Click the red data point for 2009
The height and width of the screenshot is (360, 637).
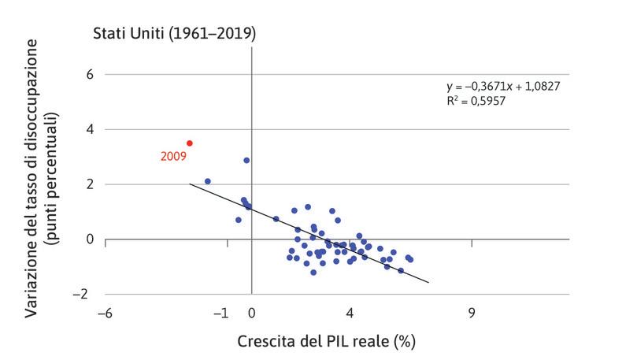190,143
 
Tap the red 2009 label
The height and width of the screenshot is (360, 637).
173,157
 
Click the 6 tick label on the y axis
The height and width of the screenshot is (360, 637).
89,74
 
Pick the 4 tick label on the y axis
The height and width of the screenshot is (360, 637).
89,129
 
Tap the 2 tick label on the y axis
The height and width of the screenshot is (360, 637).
89,184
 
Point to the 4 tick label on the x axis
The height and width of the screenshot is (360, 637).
350,313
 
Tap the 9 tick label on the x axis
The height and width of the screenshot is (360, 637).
471,313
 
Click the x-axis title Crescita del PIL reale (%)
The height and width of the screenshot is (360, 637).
326,341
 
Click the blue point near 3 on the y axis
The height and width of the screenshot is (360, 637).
246,160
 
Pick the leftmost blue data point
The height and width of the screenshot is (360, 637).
208,181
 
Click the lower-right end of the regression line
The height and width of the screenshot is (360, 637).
428,282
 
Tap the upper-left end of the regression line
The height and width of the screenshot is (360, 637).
190,184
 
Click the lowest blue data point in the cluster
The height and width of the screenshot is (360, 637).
313,273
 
